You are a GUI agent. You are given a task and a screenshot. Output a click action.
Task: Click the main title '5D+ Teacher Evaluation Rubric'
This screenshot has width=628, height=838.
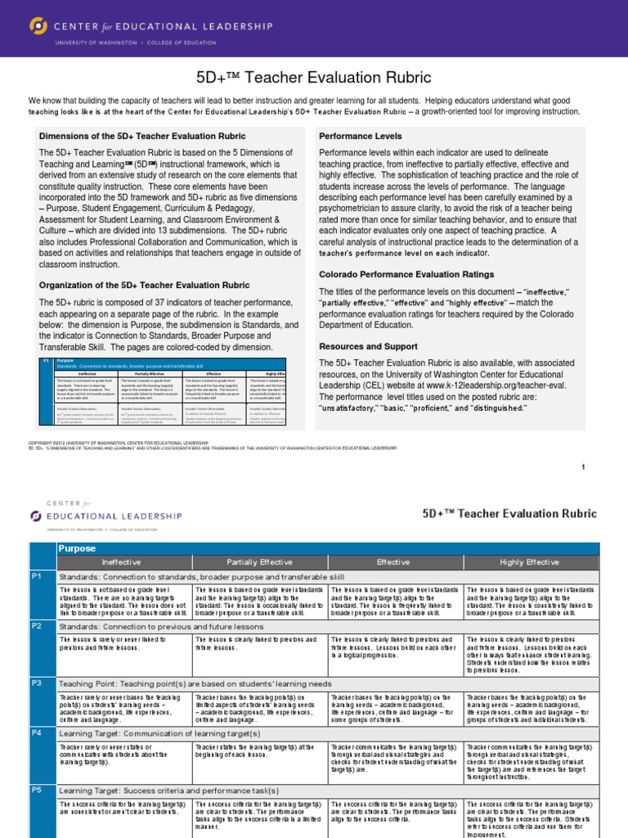[x=313, y=78]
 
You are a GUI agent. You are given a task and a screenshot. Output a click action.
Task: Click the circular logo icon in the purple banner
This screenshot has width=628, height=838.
[x=38, y=27]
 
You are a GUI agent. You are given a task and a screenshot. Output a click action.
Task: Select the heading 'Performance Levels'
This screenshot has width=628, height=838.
[x=359, y=135]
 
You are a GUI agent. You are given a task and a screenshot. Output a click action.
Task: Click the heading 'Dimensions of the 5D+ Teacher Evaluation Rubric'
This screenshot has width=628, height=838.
[x=142, y=135]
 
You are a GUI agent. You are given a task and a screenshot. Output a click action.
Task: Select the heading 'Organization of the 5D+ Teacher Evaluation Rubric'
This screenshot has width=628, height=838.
[x=145, y=285]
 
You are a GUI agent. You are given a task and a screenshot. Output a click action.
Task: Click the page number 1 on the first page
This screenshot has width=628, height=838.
[x=606, y=466]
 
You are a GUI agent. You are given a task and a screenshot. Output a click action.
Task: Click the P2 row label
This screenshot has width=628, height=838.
[x=36, y=626]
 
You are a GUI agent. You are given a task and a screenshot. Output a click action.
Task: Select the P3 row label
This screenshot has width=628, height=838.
[x=36, y=683]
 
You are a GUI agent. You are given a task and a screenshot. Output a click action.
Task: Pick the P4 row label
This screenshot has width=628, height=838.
[x=36, y=733]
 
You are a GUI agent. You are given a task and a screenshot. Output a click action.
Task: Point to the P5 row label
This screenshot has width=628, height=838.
[x=36, y=791]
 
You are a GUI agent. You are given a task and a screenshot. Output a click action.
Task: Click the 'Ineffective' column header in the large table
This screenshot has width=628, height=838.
[x=122, y=562]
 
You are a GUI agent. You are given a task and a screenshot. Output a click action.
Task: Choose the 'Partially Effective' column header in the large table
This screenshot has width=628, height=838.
[x=259, y=562]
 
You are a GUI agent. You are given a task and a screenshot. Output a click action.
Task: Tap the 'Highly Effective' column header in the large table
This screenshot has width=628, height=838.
[x=530, y=562]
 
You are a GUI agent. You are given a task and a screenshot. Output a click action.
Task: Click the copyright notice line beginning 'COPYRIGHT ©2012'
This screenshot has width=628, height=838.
[x=119, y=443]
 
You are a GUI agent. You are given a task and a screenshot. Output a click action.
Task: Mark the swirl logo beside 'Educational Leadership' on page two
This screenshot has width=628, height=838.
[x=35, y=516]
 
